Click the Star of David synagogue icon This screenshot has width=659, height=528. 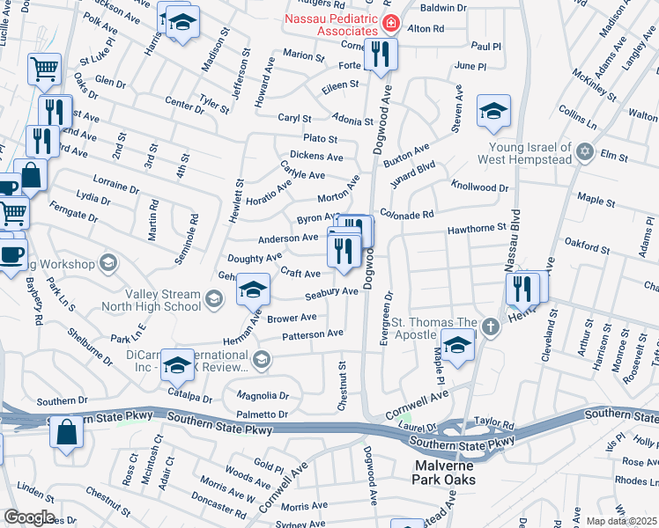[583, 153]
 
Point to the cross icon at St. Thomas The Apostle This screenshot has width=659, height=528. [491, 327]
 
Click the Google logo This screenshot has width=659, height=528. [29, 517]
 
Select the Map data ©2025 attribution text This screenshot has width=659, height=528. [622, 521]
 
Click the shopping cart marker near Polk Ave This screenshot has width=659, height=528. [44, 69]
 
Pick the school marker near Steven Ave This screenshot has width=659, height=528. [493, 110]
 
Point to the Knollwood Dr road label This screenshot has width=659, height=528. [480, 187]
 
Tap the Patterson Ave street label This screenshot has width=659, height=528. [313, 334]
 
